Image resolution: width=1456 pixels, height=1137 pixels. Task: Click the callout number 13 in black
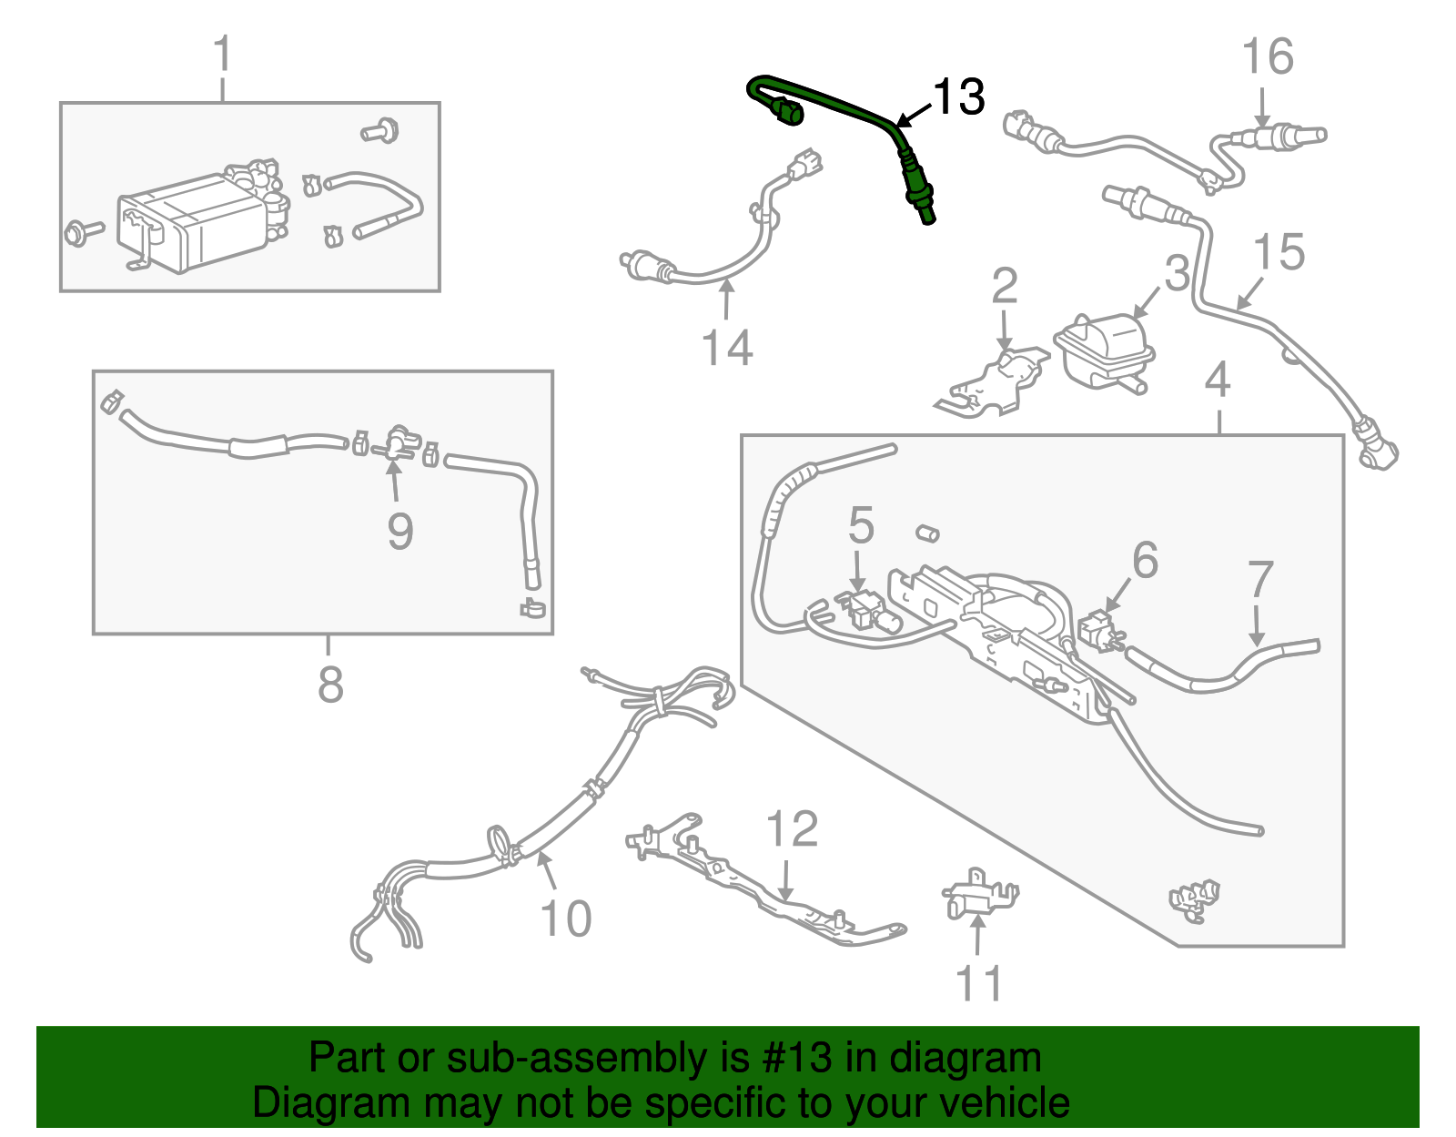click(959, 96)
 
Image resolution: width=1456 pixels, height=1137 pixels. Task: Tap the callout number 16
click(1268, 56)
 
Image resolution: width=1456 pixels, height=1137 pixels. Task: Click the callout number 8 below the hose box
click(330, 685)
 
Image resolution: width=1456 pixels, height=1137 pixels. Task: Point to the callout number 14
click(727, 348)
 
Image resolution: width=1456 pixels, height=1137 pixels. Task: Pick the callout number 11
click(979, 984)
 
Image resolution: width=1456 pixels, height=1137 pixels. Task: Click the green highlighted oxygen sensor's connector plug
click(786, 114)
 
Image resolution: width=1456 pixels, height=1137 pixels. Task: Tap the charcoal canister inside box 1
click(191, 223)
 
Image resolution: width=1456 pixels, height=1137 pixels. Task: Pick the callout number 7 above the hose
click(1260, 579)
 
